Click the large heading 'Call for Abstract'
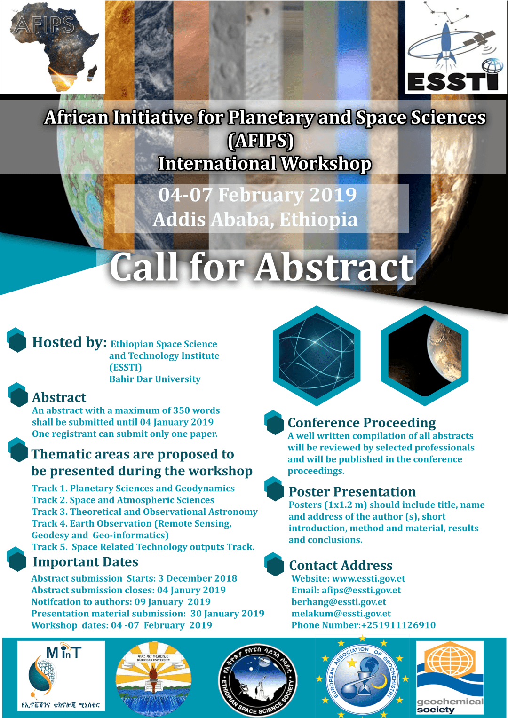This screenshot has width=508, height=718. [262, 267]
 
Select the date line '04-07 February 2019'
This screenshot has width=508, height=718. [258, 195]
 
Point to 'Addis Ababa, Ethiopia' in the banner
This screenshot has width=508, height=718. [255, 220]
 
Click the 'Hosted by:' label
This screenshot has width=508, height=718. [69, 342]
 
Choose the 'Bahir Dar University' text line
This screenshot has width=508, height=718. [155, 379]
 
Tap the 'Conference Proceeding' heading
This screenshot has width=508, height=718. [361, 423]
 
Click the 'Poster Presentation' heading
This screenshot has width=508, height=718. [352, 492]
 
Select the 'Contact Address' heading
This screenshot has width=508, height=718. [341, 565]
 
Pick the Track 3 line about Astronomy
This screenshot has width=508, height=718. [144, 512]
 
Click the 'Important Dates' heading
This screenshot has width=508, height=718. [85, 562]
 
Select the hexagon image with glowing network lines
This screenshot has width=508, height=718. [317, 355]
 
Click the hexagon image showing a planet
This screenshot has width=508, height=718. [425, 355]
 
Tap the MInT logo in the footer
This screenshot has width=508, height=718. [61, 676]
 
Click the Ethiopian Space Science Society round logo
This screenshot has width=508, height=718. [258, 679]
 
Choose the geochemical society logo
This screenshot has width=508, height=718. [450, 678]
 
